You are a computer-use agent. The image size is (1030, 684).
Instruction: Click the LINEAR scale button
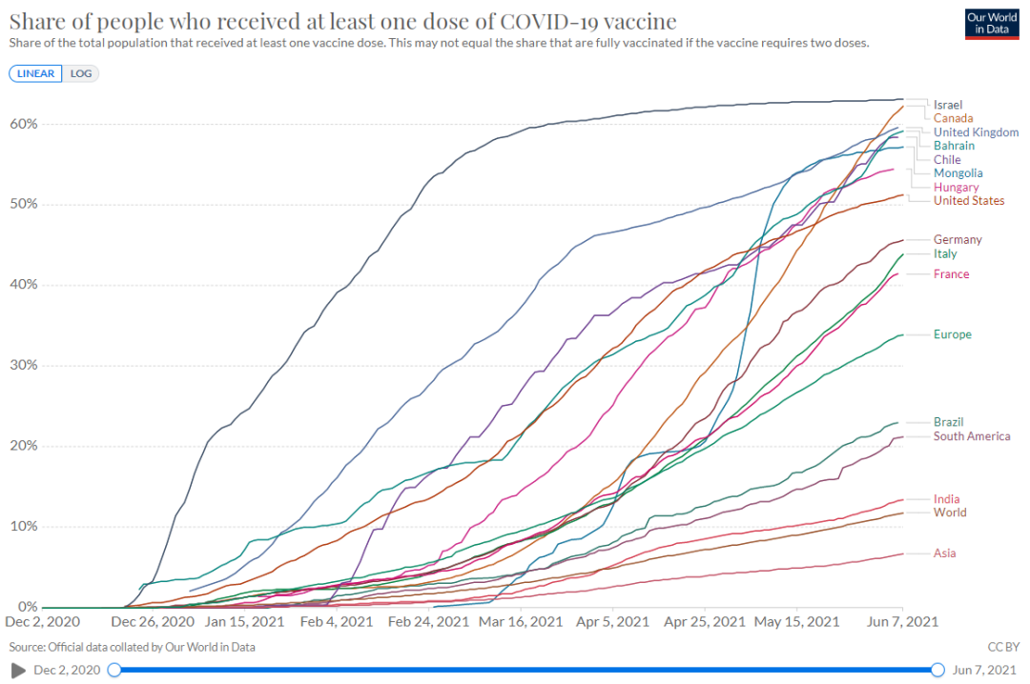click(36, 73)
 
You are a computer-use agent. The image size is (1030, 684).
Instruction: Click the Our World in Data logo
click(993, 25)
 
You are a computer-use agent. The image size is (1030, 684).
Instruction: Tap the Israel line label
click(948, 104)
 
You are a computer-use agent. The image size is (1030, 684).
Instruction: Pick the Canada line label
click(953, 118)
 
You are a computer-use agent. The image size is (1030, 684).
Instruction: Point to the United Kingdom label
click(976, 132)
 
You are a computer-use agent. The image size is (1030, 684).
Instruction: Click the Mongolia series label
click(958, 173)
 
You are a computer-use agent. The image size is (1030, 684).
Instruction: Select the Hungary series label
click(956, 188)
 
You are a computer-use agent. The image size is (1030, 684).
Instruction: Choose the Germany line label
click(958, 240)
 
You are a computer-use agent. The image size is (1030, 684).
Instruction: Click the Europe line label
click(953, 334)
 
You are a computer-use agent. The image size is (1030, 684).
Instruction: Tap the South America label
click(972, 436)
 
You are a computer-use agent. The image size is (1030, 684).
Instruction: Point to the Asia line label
click(944, 553)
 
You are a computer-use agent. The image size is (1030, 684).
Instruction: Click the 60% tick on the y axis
click(24, 124)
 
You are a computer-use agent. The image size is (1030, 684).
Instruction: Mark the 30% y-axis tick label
click(24, 366)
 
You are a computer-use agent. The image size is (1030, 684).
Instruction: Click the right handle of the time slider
click(937, 670)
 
